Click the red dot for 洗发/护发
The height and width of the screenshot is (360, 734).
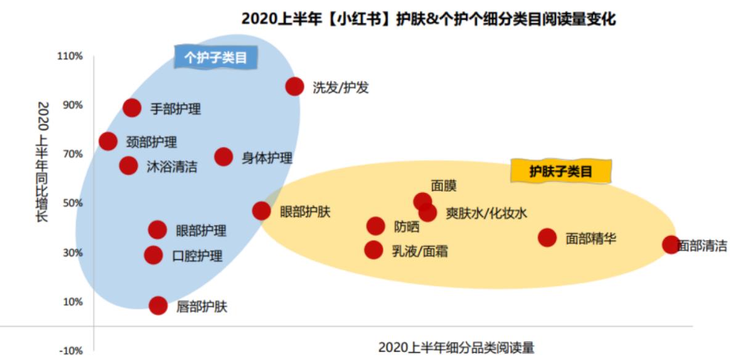(295, 86)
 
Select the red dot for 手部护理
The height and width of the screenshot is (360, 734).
(132, 108)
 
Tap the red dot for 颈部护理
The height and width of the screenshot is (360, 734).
(108, 141)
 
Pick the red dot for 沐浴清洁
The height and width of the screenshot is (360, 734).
(128, 165)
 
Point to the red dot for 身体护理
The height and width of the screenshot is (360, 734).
(223, 157)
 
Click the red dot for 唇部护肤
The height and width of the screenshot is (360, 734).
(158, 305)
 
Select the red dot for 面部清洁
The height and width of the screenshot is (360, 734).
(671, 245)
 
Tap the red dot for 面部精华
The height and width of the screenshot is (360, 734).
(547, 237)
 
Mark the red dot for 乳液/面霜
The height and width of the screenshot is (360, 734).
(373, 250)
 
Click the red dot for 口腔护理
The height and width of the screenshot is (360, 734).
(153, 255)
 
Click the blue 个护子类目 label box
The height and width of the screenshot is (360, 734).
(216, 58)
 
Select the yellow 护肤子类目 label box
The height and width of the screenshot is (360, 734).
(561, 171)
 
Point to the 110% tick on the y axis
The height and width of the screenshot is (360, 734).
(70, 56)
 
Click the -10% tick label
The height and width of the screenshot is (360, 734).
(70, 351)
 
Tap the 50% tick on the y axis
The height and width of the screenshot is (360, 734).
(72, 203)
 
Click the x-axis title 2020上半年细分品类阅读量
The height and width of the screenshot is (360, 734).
(456, 347)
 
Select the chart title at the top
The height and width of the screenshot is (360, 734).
(429, 19)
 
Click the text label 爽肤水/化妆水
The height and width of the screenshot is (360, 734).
(487, 213)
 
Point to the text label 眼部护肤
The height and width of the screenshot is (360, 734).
(305, 211)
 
